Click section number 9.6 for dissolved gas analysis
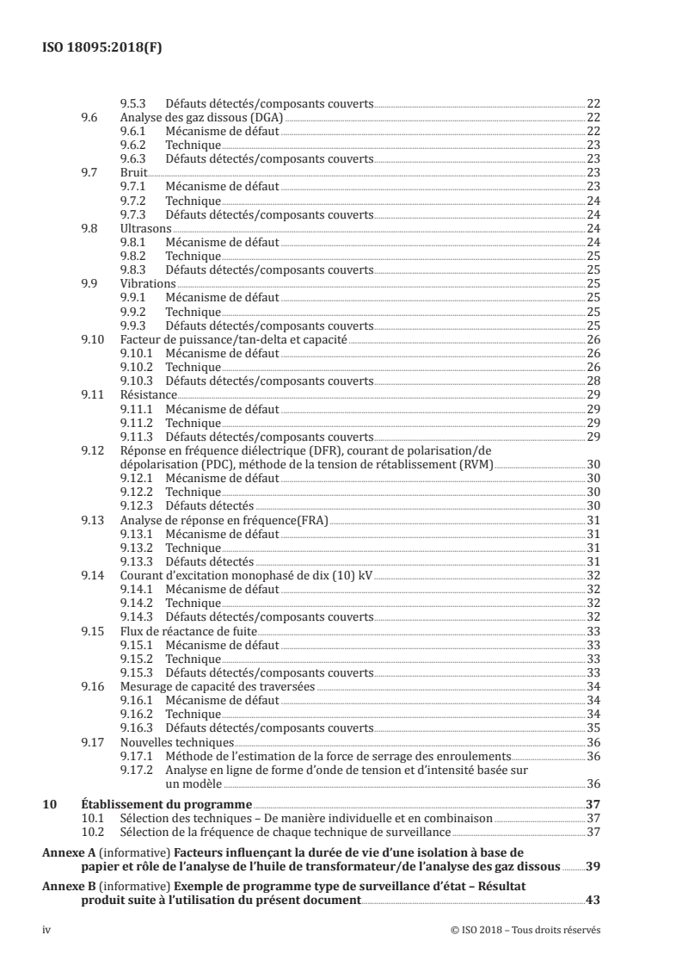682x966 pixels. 89,116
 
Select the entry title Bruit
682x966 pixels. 133,172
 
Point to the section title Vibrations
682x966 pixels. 148,283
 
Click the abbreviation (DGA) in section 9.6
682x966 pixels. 265,116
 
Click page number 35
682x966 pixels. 593,727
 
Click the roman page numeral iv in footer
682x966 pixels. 47,931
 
